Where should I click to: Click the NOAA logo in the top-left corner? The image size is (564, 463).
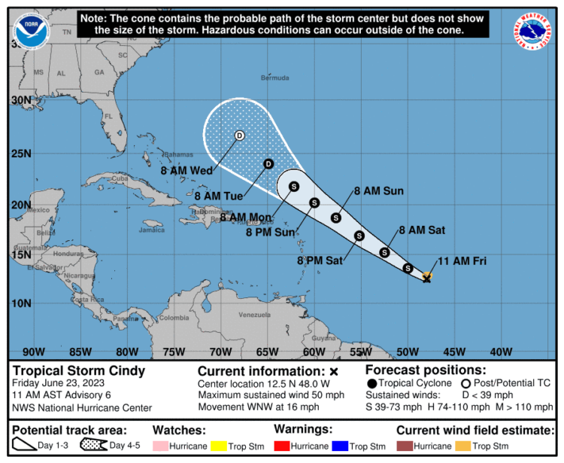[x=29, y=31]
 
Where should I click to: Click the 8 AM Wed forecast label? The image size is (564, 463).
[x=186, y=171]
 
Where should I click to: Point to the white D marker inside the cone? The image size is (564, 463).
[x=239, y=136]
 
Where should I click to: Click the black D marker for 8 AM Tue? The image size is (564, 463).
[x=268, y=164]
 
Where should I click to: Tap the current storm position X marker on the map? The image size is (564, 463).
[x=426, y=279]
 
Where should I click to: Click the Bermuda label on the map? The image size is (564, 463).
[x=274, y=78]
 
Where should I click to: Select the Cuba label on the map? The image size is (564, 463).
[x=120, y=178]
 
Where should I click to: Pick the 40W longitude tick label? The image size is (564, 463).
[x=501, y=352]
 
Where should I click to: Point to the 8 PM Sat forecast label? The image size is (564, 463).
[x=320, y=260]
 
